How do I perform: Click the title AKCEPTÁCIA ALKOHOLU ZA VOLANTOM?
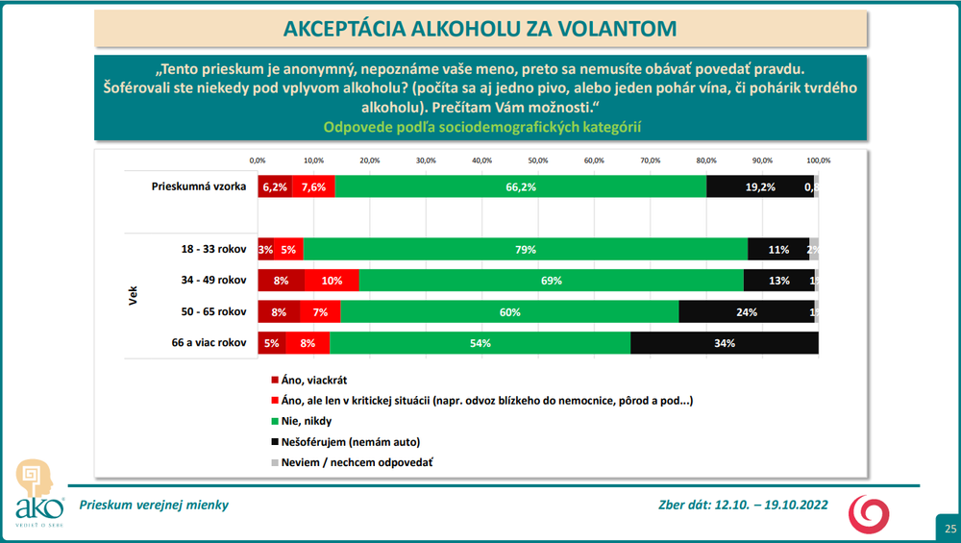[480, 29]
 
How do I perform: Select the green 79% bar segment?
[524, 250]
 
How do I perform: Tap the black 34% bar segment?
[724, 343]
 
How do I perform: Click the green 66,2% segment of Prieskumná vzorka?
[520, 186]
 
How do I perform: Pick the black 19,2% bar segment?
[759, 186]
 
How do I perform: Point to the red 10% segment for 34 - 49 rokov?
[332, 281]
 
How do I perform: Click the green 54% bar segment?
[480, 343]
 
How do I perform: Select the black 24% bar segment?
[746, 312]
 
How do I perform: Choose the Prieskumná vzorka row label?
[199, 186]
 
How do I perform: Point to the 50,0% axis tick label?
[537, 160]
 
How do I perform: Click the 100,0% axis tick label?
[818, 160]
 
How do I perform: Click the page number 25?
[949, 529]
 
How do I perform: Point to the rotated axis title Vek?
[134, 296]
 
